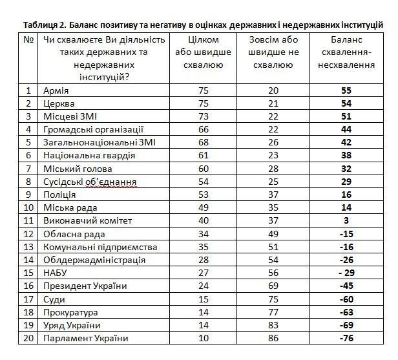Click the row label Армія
57,90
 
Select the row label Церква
59,103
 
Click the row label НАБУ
57,273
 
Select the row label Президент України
85,286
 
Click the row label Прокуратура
71,312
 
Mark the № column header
28,39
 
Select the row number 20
28,338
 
